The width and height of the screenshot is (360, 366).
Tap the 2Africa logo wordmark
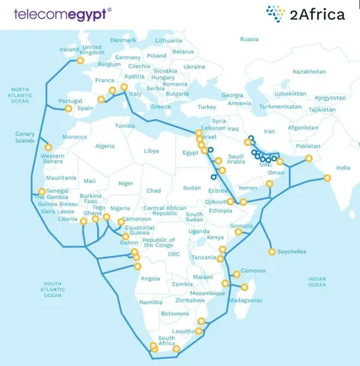(315, 13)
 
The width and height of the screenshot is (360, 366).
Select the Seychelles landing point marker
(272, 252)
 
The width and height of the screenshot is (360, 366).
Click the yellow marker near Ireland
(80, 61)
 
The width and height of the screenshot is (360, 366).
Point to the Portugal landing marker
(69, 109)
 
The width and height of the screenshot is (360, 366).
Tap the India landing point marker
(327, 178)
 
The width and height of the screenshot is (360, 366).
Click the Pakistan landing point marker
(309, 159)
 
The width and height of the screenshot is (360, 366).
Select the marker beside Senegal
(43, 191)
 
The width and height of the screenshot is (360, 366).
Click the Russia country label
(249, 39)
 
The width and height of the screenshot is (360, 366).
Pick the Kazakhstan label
(309, 72)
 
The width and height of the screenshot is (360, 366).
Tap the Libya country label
(151, 151)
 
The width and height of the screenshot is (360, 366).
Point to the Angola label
(150, 278)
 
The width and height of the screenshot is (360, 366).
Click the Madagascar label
(246, 300)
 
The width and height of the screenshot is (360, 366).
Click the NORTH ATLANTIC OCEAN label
(20, 95)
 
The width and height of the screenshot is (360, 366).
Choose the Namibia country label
(150, 302)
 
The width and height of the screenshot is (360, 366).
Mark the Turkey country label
(207, 107)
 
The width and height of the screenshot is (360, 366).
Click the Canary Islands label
(25, 137)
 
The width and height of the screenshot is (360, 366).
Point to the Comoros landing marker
(236, 274)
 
